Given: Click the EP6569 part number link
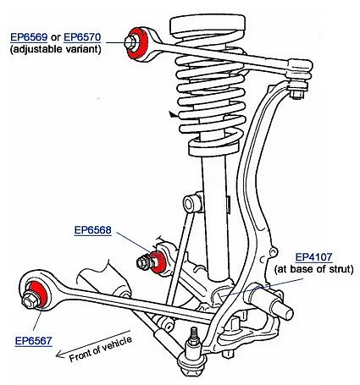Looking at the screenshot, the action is [29, 37].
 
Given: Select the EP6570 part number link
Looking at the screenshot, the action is [82, 37].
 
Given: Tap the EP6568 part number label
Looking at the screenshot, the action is [92, 230].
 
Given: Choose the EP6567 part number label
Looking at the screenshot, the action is [33, 341].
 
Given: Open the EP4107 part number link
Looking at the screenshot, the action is [313, 257].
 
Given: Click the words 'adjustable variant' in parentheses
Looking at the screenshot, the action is [56, 49].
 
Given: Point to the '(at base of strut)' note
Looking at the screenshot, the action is [313, 269].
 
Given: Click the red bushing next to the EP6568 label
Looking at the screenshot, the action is [159, 262].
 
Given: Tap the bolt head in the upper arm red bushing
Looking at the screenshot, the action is [130, 42].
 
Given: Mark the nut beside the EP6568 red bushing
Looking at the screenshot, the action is [143, 262].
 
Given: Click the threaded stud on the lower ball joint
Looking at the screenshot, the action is [194, 336].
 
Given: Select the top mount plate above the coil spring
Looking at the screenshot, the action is [208, 25].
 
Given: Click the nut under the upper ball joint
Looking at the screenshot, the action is [297, 94].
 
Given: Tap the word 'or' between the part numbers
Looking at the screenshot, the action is [56, 38].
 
